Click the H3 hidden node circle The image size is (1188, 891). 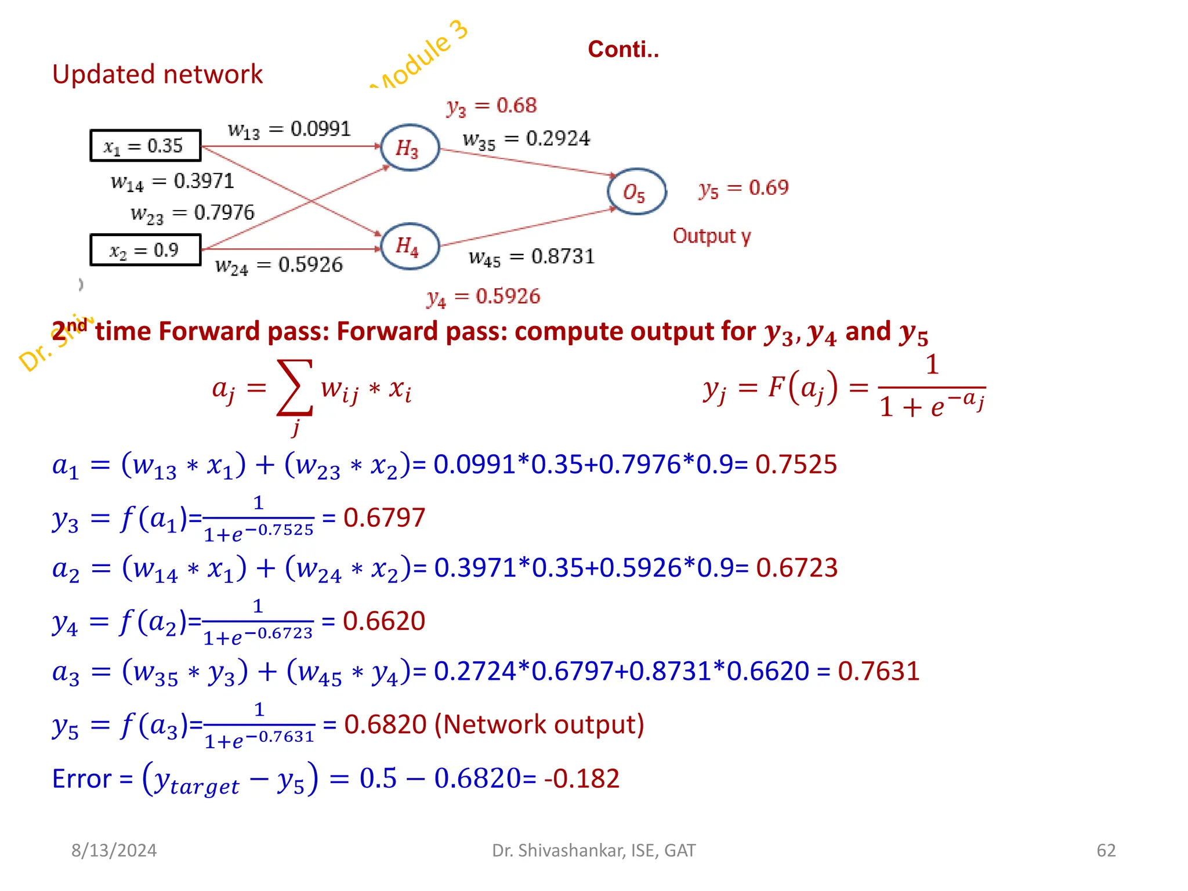410,148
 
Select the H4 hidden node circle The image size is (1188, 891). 410,246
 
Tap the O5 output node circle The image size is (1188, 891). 636,192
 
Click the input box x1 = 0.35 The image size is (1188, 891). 146,146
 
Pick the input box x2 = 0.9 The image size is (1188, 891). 146,250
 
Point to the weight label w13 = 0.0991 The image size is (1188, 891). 289,129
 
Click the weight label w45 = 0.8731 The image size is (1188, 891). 531,257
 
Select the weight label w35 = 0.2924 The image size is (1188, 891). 526,139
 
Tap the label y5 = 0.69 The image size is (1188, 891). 743,188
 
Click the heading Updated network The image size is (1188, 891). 157,74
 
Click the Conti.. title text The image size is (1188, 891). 623,49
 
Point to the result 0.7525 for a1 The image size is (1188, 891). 796,465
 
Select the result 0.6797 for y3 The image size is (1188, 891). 384,517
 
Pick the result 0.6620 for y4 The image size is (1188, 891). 384,621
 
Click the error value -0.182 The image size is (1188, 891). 582,778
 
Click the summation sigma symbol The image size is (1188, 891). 295,387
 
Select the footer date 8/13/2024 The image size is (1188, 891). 114,850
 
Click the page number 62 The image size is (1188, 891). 1106,850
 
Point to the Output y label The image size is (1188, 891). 712,236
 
